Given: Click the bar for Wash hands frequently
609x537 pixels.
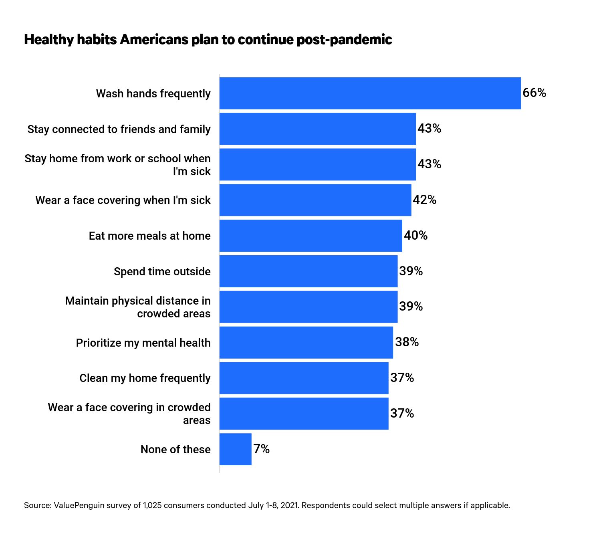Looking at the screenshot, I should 370,93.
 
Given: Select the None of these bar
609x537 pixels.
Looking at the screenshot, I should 236,449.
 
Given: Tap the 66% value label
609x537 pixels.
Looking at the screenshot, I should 534,93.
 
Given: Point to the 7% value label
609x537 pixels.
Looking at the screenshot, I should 261,449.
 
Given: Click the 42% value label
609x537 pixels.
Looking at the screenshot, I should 424,200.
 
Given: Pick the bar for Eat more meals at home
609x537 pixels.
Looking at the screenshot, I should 311,236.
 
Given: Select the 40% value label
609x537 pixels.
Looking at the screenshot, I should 415,235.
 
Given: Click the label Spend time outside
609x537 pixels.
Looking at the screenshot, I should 162,272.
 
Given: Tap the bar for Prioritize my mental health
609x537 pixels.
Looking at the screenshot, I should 306,343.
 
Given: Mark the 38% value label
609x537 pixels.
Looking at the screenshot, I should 407,342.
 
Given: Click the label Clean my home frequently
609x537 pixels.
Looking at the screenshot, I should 145,378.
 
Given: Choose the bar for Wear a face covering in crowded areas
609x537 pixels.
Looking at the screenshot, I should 304,414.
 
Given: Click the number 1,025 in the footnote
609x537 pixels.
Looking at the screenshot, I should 152,505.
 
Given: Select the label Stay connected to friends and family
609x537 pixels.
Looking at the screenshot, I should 119,129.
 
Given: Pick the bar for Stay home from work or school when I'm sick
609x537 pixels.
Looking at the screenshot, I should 317,164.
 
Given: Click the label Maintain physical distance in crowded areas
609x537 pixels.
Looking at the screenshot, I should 137,307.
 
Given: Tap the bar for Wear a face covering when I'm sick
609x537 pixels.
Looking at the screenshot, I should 315,200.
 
